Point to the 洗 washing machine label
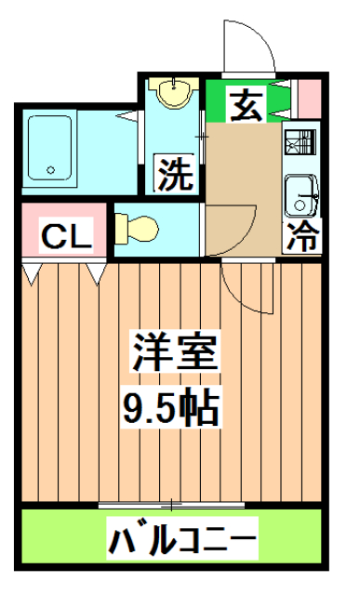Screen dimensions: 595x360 174,174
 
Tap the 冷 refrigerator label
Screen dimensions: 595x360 302,236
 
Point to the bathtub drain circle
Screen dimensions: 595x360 51,170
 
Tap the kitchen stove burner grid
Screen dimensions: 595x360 300,146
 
